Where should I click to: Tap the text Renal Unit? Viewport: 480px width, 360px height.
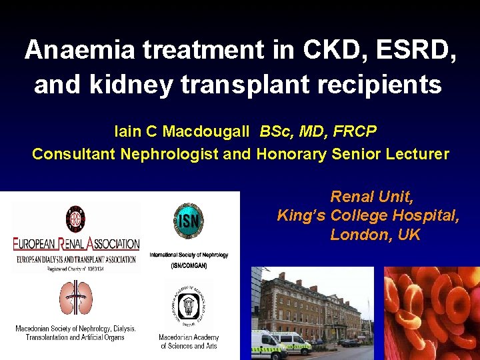click(372, 197)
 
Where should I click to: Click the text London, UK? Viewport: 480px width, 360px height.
click(375, 235)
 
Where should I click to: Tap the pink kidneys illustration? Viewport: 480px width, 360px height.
click(76, 298)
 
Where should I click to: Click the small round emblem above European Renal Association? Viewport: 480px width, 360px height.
click(75, 219)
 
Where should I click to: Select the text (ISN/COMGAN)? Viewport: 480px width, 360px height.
click(189, 265)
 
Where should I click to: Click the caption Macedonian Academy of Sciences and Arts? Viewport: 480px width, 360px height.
click(189, 341)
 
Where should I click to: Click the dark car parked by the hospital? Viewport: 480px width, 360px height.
click(349, 343)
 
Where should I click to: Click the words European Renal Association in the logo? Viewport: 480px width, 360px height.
click(76, 245)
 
